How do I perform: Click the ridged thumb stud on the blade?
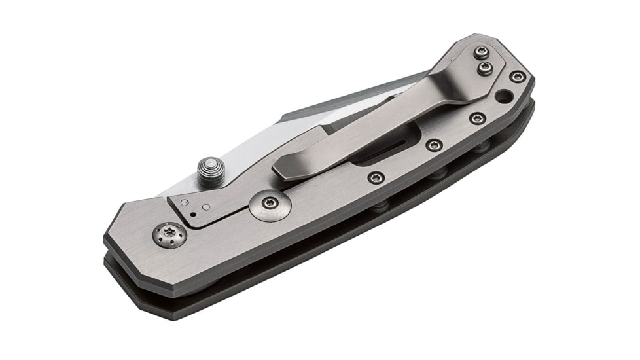click(211, 172)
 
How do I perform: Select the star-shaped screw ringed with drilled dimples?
click(169, 235)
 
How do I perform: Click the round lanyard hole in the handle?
click(504, 97)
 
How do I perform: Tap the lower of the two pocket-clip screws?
click(485, 68)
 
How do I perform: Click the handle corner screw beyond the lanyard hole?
click(517, 77)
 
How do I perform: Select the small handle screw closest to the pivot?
click(376, 177)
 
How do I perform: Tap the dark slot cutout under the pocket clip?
click(386, 145)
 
